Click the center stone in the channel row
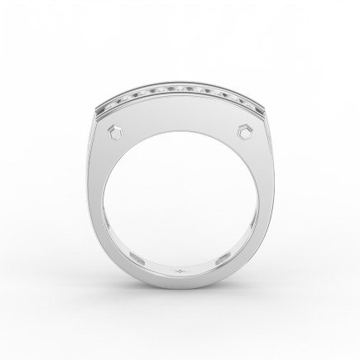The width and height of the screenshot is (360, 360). tap(180, 89)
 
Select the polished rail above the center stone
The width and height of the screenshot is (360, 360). tap(180, 82)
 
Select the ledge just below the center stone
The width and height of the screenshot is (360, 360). tap(180, 97)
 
